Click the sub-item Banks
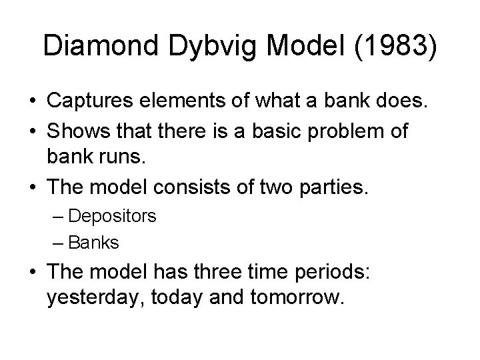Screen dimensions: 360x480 point(93,243)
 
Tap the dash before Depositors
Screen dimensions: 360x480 point(57,217)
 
